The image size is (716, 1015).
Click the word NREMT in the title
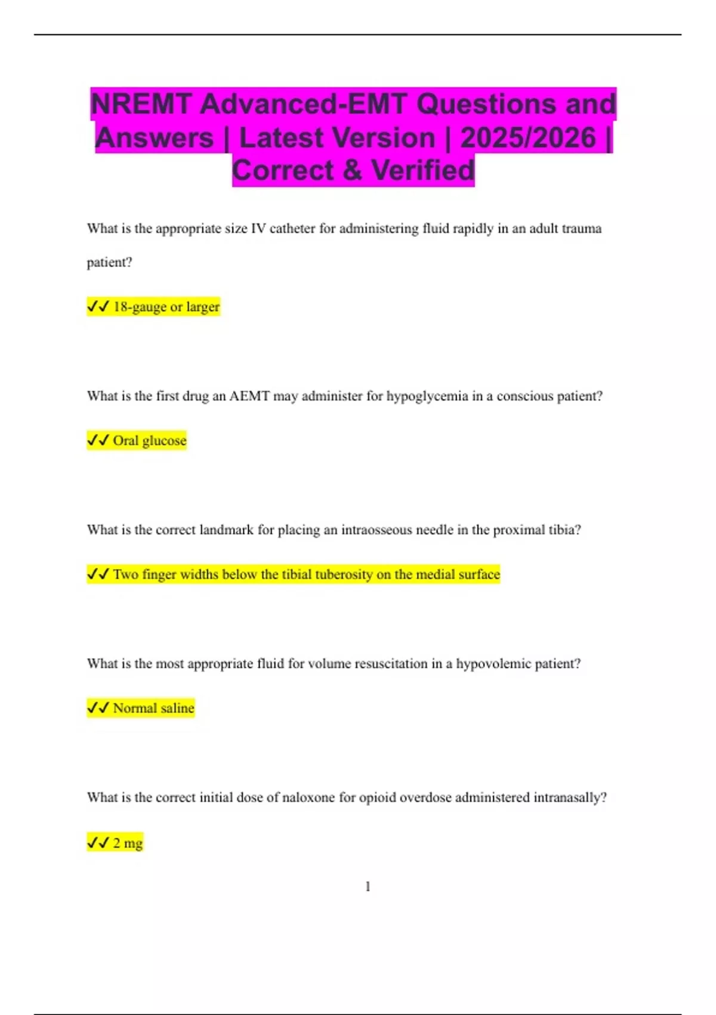141,104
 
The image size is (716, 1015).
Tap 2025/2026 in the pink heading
528,138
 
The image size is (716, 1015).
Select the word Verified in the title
423,171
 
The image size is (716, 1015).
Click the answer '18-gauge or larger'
166,307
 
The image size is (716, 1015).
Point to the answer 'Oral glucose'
149,441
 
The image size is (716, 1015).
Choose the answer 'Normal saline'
153,708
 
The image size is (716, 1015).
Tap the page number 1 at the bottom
368,887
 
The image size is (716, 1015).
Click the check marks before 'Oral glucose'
98,441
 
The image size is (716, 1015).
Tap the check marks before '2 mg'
98,843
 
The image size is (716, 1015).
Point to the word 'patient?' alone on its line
109,262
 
